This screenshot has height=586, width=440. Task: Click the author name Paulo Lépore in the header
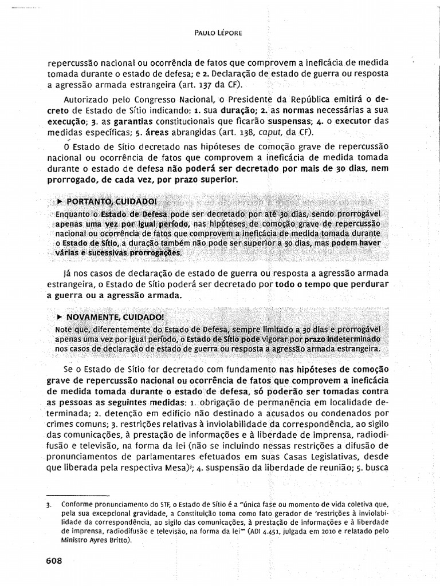pos(218,33)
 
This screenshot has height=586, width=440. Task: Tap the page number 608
pos(54,560)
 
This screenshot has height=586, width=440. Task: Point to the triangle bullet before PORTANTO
pos(60,202)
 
